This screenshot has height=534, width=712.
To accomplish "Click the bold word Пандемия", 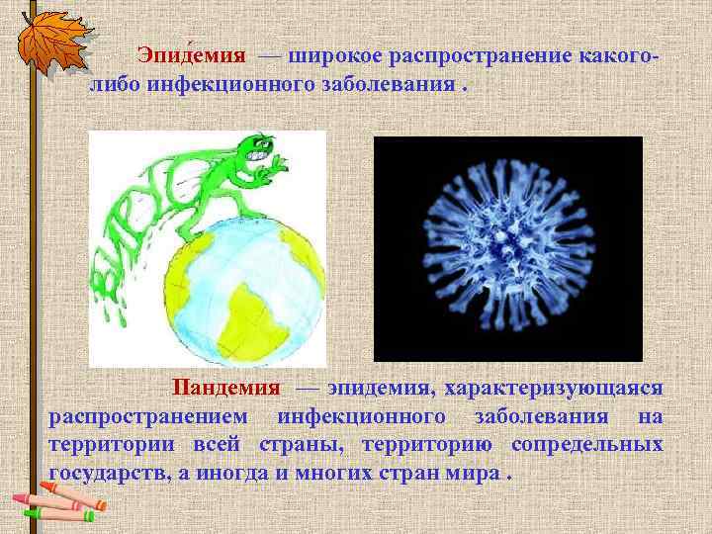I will [226, 387].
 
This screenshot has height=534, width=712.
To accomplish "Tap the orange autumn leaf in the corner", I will [46, 39].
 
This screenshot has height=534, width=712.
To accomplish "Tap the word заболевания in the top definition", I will [387, 82].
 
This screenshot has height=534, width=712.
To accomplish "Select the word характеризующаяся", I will [560, 387].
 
